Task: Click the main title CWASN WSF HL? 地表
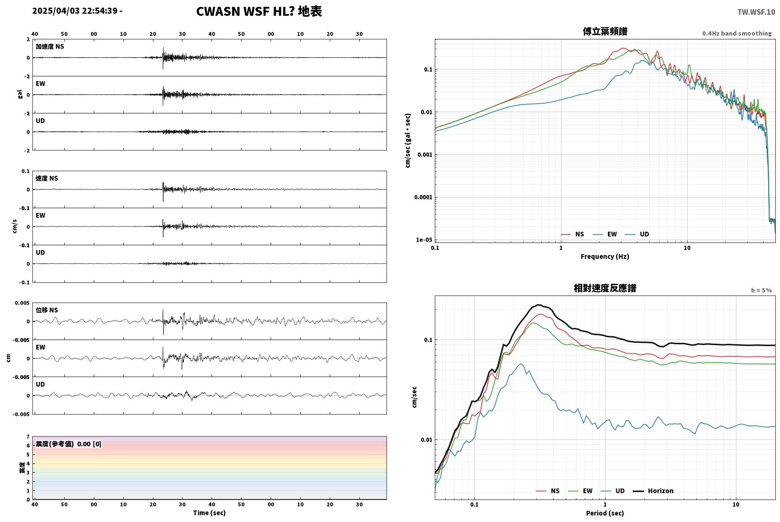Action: (x=259, y=11)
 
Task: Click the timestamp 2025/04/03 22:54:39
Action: (x=75, y=11)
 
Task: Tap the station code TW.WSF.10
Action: (x=757, y=12)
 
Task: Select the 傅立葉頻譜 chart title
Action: (x=605, y=31)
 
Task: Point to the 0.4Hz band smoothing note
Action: (x=737, y=33)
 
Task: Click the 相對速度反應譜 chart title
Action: (x=605, y=288)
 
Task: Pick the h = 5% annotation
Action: (x=761, y=290)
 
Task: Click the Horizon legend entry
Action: (x=653, y=491)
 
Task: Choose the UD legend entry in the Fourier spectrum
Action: (x=637, y=234)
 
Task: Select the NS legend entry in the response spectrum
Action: (x=548, y=491)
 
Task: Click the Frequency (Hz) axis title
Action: (x=605, y=257)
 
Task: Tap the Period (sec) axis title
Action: (x=605, y=513)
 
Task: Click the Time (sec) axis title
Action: (x=209, y=513)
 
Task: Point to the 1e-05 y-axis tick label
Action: (x=424, y=240)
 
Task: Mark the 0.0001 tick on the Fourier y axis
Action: (x=423, y=197)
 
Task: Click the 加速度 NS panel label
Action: (x=50, y=46)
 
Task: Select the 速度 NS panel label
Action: (x=46, y=178)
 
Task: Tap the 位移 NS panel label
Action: (x=46, y=310)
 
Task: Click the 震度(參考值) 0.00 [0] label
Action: (x=68, y=444)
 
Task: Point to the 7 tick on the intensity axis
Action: (x=28, y=437)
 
